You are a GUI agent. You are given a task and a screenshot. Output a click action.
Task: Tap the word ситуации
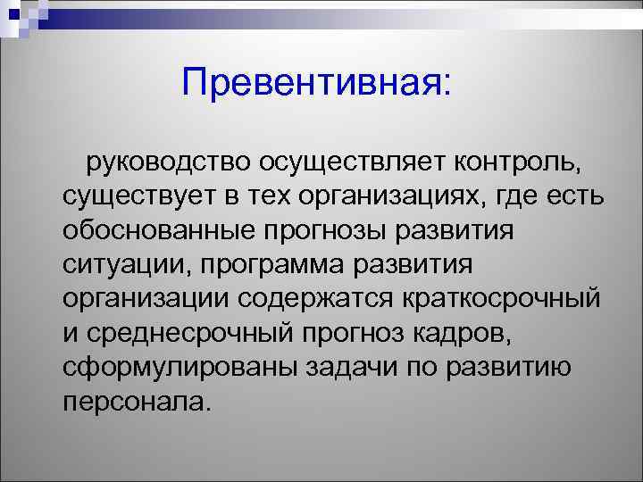click(124, 265)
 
